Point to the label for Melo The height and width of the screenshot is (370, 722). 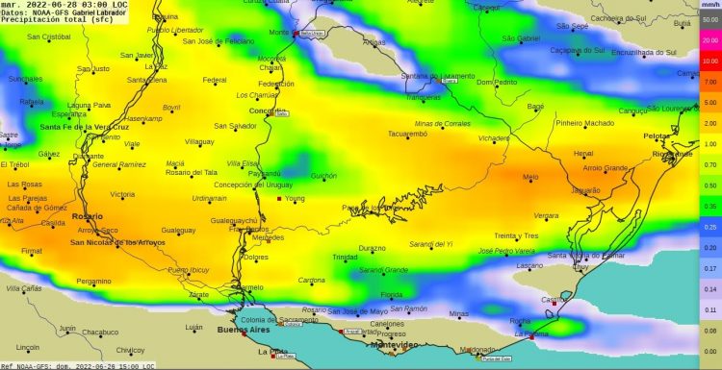pyautogui.click(x=530, y=178)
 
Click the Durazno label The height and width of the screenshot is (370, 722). pyautogui.click(x=372, y=248)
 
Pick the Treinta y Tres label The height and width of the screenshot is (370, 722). pyautogui.click(x=516, y=235)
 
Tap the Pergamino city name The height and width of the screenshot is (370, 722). pyautogui.click(x=93, y=282)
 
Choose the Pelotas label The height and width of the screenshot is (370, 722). pyautogui.click(x=658, y=136)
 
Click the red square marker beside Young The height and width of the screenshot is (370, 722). pyautogui.click(x=280, y=199)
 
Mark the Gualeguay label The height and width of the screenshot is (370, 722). pyautogui.click(x=178, y=231)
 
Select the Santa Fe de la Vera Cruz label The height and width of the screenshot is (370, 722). pyautogui.click(x=84, y=127)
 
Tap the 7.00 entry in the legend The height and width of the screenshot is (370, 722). pyautogui.click(x=710, y=82)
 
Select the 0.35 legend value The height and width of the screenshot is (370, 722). pyautogui.click(x=710, y=207)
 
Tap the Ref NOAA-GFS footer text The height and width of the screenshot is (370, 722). pyautogui.click(x=29, y=365)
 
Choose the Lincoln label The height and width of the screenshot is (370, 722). pyautogui.click(x=28, y=347)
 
